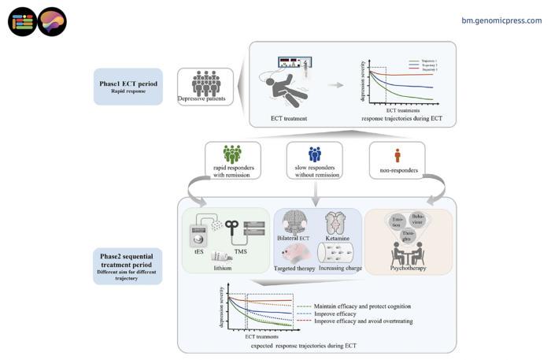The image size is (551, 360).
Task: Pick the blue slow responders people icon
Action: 314,154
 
